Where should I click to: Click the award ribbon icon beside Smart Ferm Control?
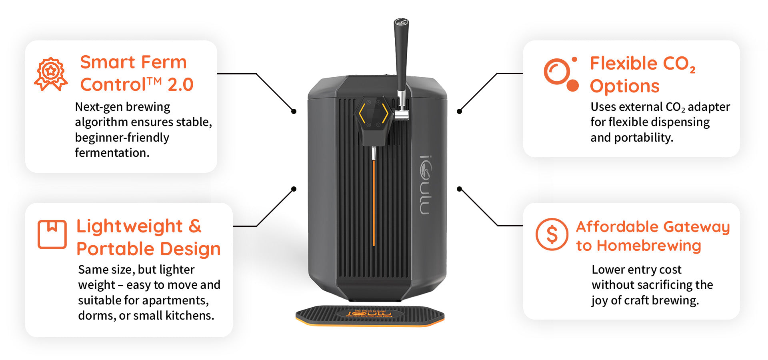click(x=51, y=74)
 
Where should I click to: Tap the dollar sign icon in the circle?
click(x=552, y=234)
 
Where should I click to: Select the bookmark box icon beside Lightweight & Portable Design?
click(x=52, y=234)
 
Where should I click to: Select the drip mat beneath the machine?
click(x=370, y=316)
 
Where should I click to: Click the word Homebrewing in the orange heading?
click(x=649, y=246)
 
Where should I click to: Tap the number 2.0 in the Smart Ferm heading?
click(x=180, y=85)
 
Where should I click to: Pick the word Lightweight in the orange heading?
click(x=130, y=227)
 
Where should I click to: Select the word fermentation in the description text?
click(x=112, y=153)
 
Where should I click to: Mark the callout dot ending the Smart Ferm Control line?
click(x=294, y=111)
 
